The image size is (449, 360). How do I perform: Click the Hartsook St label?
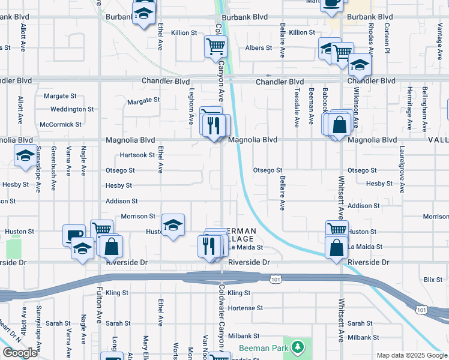[137, 155]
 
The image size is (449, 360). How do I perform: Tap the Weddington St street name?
[72, 109]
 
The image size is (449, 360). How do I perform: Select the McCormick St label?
[60, 124]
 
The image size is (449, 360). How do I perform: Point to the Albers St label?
[259, 47]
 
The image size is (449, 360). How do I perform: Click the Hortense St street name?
[246, 308]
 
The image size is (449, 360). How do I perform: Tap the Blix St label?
[432, 280]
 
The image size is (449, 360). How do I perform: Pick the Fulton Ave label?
[98, 309]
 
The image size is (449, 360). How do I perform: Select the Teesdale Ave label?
[297, 108]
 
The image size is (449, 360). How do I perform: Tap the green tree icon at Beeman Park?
[297, 347]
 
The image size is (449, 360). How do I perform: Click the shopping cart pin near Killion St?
[215, 46]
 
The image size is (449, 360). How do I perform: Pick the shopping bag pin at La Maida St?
[337, 247]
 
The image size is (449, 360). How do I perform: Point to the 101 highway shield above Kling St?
[276, 279]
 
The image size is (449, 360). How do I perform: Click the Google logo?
[20, 353]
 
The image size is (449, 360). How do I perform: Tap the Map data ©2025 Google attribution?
[412, 355]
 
